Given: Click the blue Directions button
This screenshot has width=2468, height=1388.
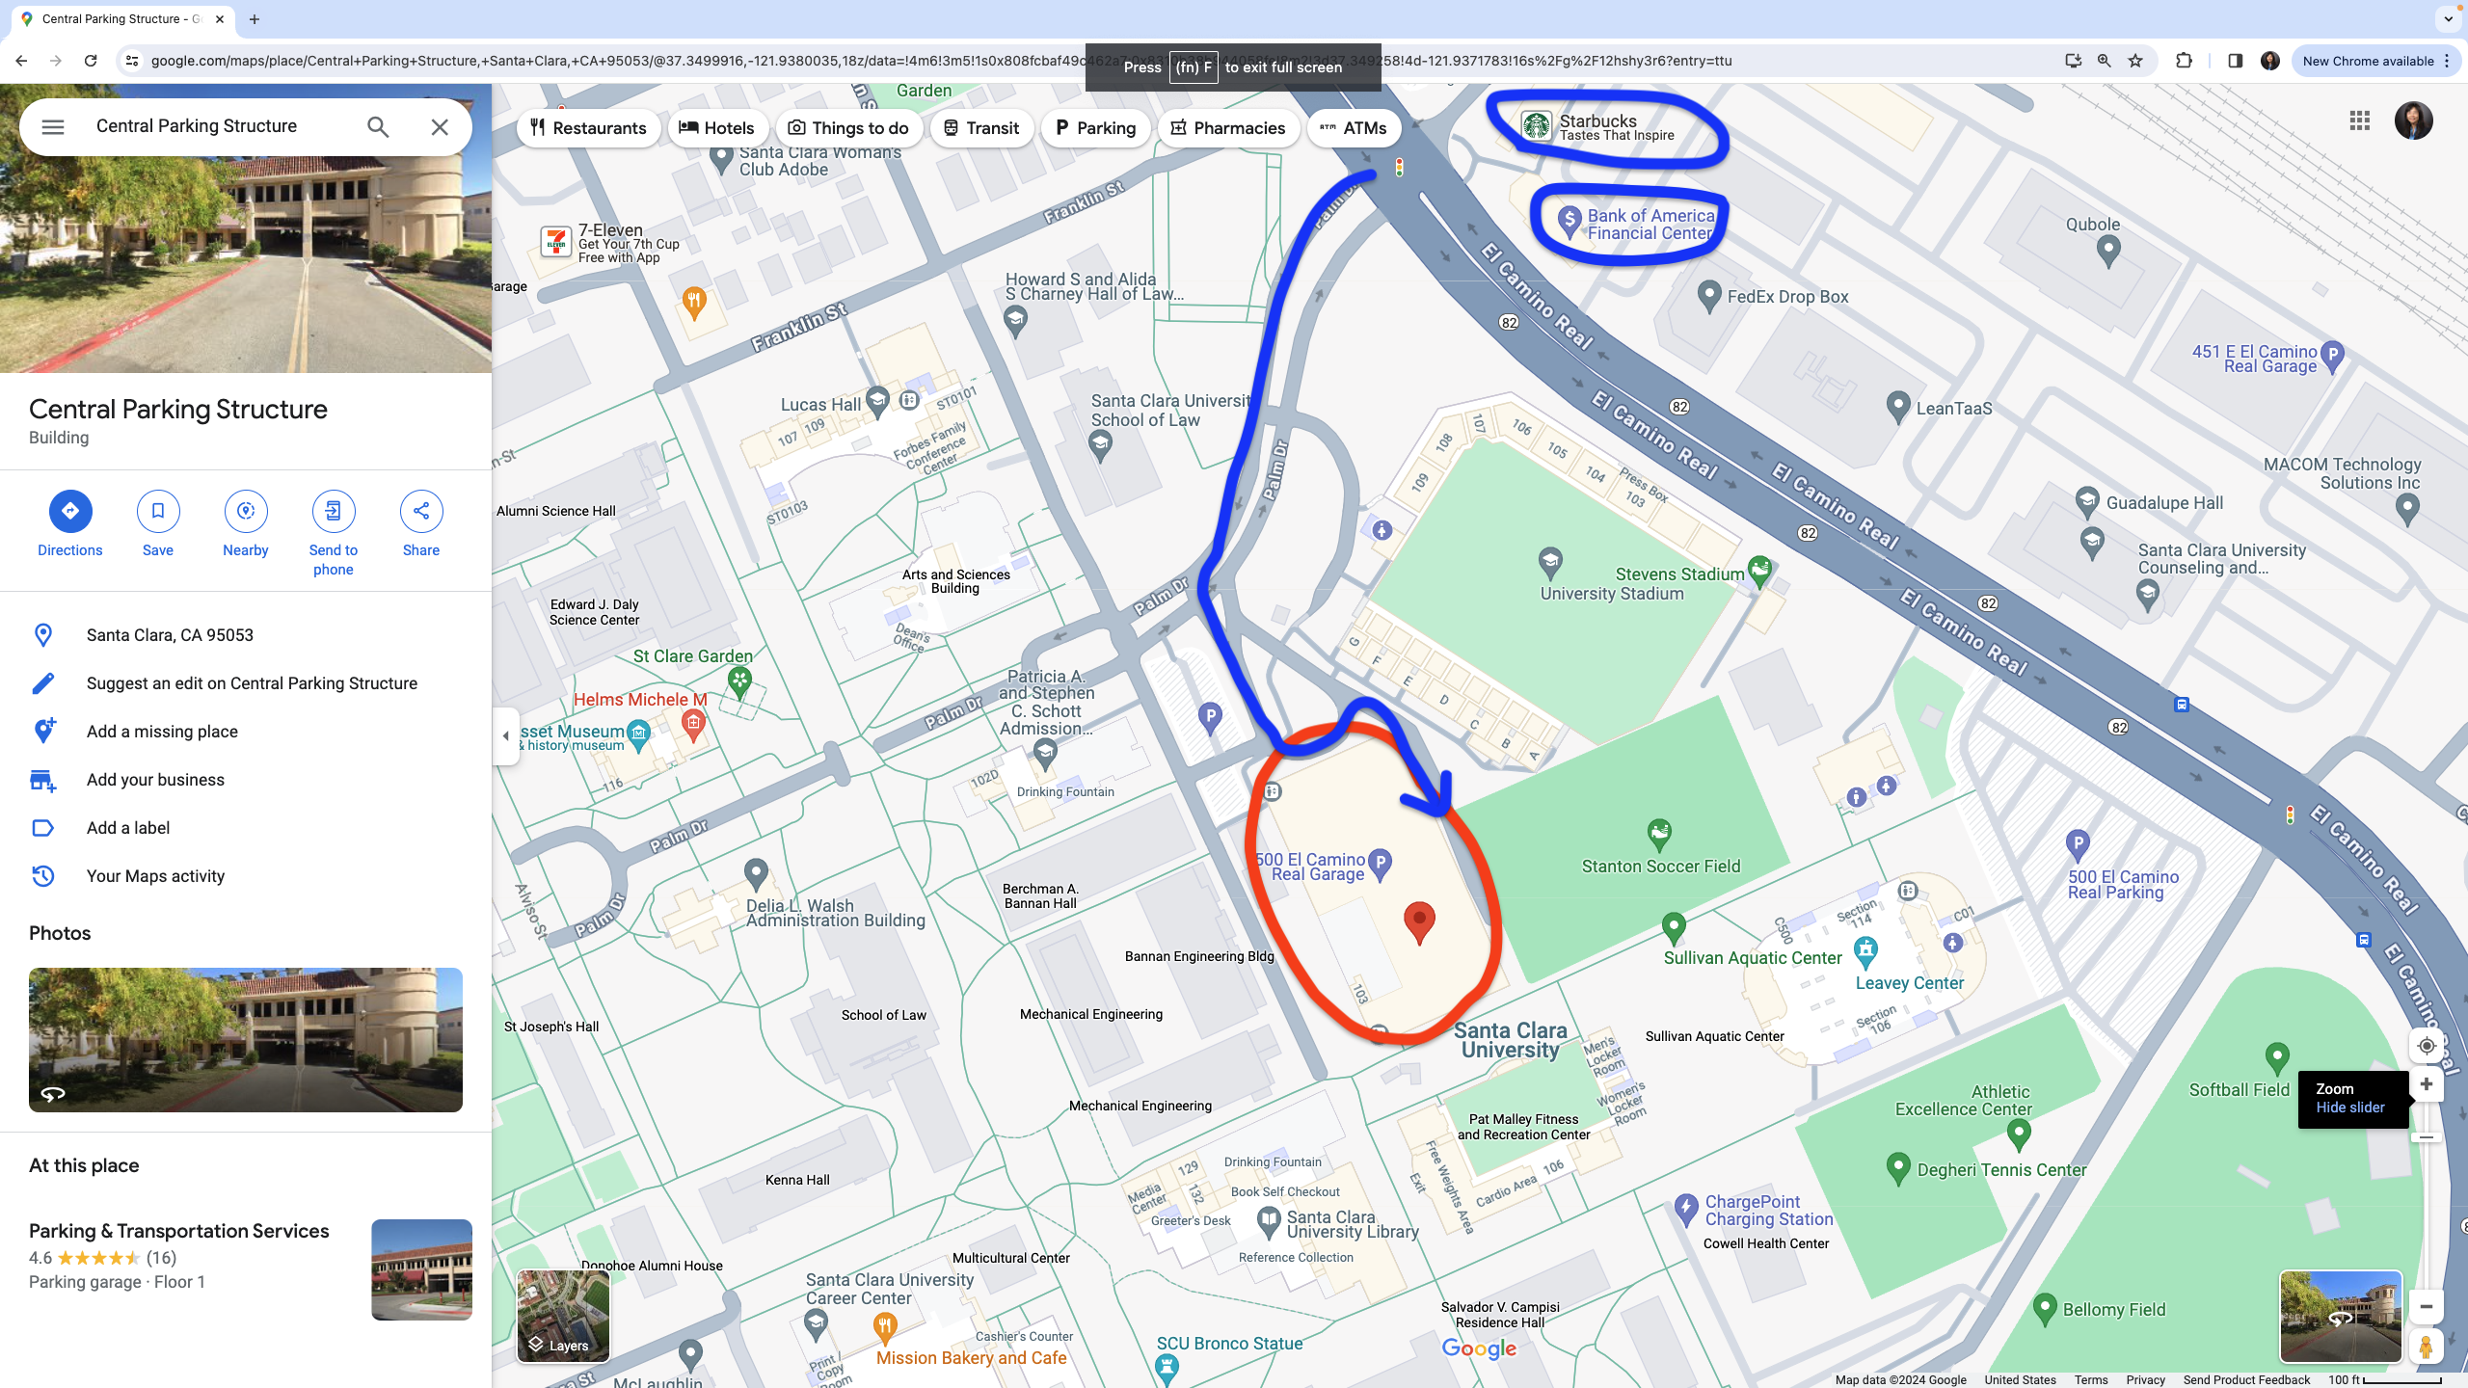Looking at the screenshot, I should tap(70, 511).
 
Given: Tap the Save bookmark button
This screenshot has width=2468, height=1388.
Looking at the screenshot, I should tap(158, 511).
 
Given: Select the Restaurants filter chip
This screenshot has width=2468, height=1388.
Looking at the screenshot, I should tap(588, 128).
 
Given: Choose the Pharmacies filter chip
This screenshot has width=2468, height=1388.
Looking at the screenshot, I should tap(1227, 128).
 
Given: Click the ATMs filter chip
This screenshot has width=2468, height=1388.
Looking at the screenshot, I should tap(1353, 128).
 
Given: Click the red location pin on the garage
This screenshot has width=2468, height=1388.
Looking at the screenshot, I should tap(1418, 921).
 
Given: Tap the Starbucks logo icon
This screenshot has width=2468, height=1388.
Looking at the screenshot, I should tap(1536, 125).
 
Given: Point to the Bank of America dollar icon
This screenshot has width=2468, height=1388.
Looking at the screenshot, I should tap(1569, 221).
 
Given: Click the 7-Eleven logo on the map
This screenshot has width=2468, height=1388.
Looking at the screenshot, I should tap(556, 242).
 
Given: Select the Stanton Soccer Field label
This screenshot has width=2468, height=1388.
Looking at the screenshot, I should tap(1661, 866).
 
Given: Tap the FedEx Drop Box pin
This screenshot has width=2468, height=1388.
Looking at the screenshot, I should tap(1708, 295).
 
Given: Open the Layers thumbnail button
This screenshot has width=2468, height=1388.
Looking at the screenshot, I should tap(563, 1316).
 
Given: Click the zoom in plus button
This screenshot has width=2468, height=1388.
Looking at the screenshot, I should tap(2426, 1084).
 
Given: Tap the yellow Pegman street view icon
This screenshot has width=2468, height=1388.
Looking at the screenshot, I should tap(2426, 1347).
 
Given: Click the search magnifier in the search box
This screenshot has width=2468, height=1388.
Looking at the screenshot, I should tap(378, 127).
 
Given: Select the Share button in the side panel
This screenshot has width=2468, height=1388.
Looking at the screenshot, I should tap(421, 511).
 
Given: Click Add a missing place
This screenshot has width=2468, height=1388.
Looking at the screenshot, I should tap(162, 732).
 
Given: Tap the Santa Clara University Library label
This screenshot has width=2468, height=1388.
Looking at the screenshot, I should tap(1352, 1224).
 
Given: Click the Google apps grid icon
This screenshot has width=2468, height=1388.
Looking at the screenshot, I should tap(2359, 120).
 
